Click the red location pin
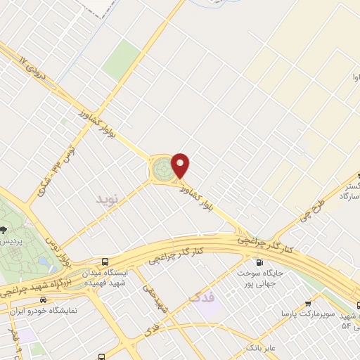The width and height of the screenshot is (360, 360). (181, 165)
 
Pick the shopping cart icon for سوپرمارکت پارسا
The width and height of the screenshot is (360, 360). (308, 304)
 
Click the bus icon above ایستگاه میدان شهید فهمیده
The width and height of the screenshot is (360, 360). (105, 260)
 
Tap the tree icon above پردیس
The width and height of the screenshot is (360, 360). (5, 229)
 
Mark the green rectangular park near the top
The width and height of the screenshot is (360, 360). (122, 59)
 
